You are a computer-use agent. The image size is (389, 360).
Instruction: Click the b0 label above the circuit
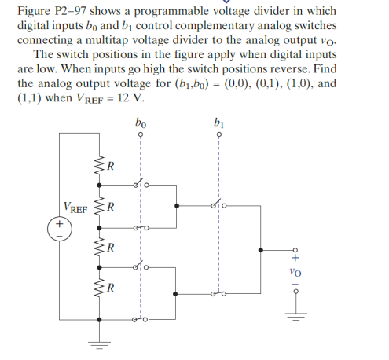click(140, 123)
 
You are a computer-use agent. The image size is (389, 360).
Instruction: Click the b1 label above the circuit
click(218, 123)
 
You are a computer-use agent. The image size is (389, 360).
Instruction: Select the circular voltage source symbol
click(60, 229)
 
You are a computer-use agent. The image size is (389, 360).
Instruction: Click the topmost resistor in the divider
click(100, 166)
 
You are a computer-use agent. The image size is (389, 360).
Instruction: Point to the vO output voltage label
click(295, 272)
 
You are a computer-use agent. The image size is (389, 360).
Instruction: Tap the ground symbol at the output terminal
click(295, 316)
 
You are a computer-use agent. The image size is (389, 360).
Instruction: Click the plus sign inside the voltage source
click(60, 225)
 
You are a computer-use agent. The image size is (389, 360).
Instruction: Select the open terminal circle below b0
click(140, 135)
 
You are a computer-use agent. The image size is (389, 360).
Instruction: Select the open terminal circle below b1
click(218, 135)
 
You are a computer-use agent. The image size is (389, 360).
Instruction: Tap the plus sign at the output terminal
click(295, 256)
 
